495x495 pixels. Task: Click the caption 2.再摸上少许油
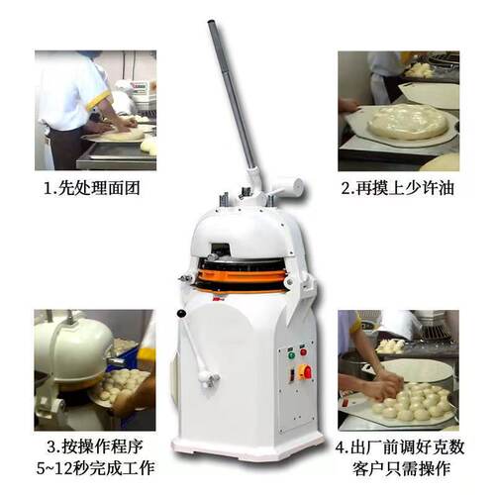[x=399, y=188]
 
